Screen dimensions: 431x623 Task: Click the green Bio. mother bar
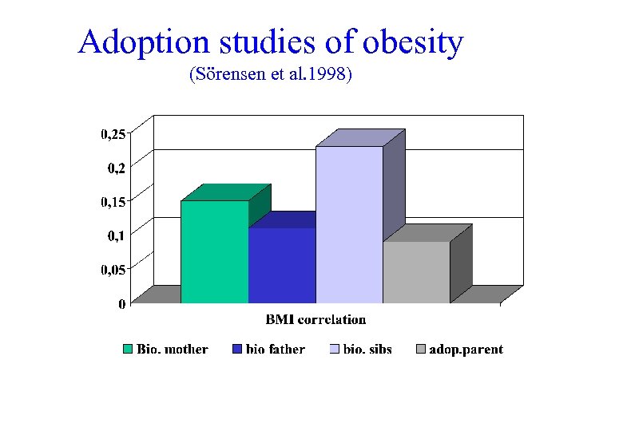click(x=214, y=251)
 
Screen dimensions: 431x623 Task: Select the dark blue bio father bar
click(x=281, y=265)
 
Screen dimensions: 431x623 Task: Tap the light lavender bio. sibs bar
click(x=349, y=225)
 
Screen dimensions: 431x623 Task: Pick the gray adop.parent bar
click(x=416, y=272)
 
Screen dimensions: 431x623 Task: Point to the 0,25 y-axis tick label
click(x=113, y=134)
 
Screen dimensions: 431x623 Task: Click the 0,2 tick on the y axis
click(x=116, y=168)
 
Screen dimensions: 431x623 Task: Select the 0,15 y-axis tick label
click(x=113, y=202)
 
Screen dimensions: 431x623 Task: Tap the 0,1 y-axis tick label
click(x=116, y=235)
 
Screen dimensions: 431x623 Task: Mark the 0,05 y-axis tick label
click(x=113, y=270)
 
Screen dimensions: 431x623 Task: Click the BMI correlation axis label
click(x=315, y=320)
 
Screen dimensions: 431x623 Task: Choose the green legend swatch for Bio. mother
click(x=128, y=350)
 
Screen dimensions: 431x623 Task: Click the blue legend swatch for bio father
click(x=237, y=350)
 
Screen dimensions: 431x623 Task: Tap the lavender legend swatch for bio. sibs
click(x=335, y=350)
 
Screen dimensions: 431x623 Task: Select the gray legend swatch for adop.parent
click(x=421, y=350)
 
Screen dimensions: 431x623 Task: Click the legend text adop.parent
click(x=466, y=350)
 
